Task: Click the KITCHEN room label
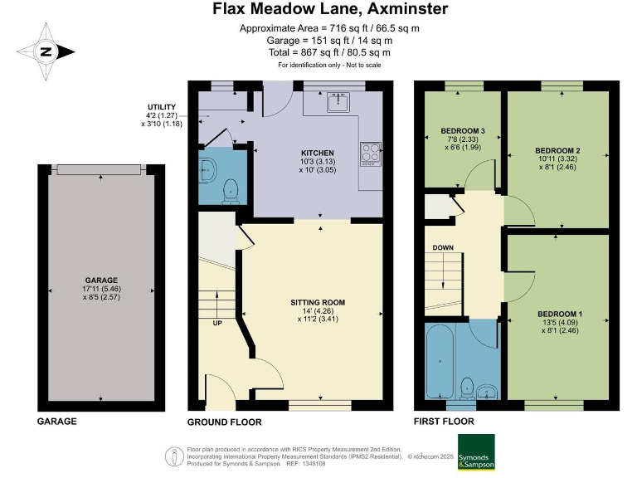pos(317,154)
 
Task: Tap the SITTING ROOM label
pos(318,302)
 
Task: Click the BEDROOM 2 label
pos(557,150)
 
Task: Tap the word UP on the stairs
pos(218,324)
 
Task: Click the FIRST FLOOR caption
pos(444,422)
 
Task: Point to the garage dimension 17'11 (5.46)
pos(101,288)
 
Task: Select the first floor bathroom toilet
pos(467,386)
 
